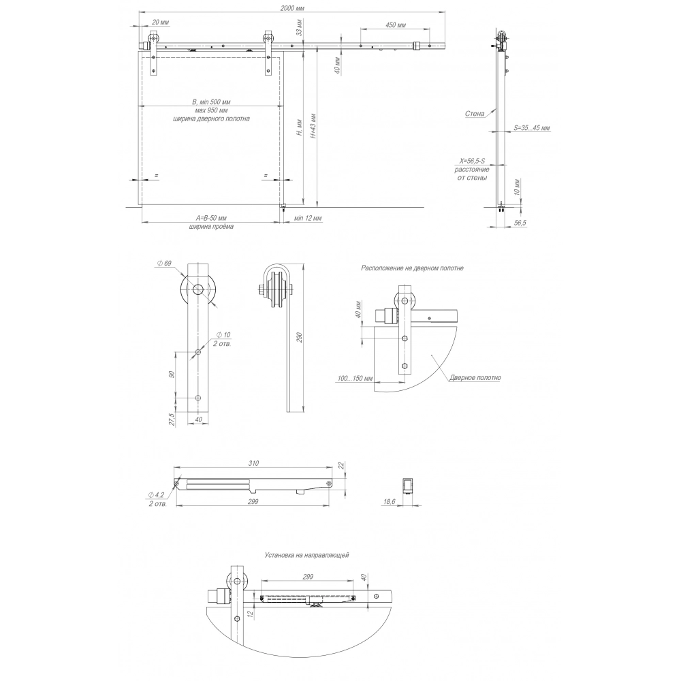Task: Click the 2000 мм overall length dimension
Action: click(x=293, y=8)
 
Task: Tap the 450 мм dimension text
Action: click(x=395, y=25)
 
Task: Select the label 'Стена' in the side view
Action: click(x=474, y=114)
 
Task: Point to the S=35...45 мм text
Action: click(x=532, y=128)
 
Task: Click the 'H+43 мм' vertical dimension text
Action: click(x=313, y=125)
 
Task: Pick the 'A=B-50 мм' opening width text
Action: click(x=211, y=218)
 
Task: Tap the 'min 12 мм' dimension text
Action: click(x=308, y=218)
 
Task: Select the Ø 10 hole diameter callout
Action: click(x=223, y=335)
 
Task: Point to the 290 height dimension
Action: click(x=299, y=338)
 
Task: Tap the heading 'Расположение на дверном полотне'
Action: click(x=412, y=268)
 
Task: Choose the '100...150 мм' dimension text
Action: click(x=355, y=378)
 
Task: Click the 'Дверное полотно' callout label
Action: click(x=475, y=378)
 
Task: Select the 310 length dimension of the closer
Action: click(x=253, y=463)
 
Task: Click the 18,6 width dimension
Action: click(x=389, y=502)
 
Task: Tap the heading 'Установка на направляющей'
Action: click(x=306, y=555)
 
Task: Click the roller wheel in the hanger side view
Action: click(x=276, y=287)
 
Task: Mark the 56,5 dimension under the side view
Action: click(x=520, y=223)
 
